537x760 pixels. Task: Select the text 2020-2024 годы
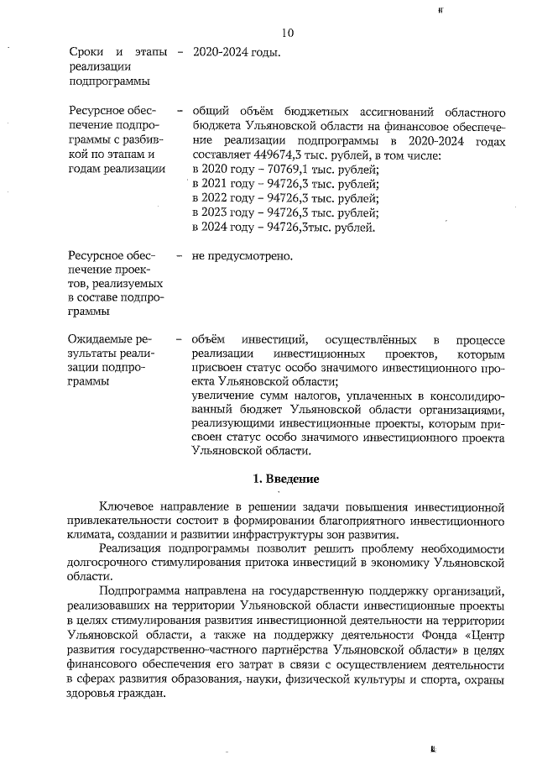[236, 52]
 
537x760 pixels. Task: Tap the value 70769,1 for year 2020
[275, 170]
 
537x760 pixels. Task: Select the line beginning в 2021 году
[284, 184]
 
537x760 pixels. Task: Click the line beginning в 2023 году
[284, 212]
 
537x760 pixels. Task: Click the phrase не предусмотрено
[242, 254]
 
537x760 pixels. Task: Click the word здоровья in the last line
[85, 694]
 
